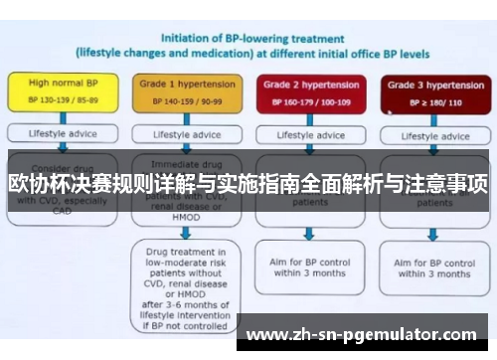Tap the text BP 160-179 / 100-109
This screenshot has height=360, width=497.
tap(309, 102)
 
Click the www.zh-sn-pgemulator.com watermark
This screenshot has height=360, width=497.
tap(367, 335)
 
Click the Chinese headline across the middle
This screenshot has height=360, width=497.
tap(248, 185)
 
